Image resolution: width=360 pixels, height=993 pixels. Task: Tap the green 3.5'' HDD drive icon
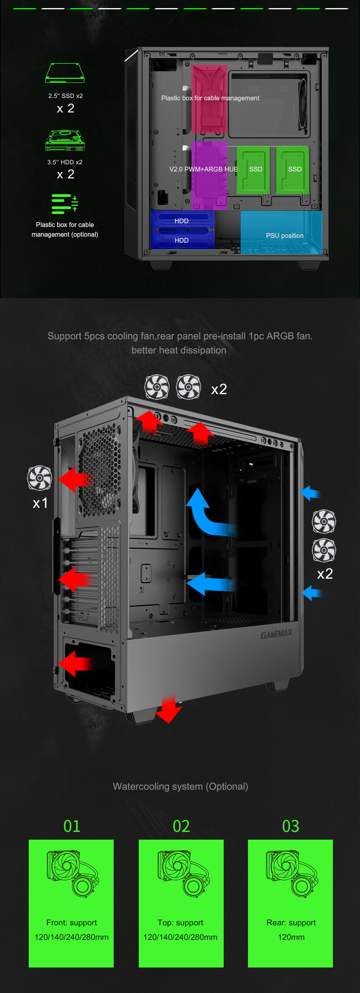pos(65,140)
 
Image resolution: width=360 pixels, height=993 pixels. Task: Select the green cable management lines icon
pos(65,204)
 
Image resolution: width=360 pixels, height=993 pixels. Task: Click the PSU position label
pos(285,236)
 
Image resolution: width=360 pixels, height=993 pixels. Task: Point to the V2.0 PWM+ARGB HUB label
pos(203,169)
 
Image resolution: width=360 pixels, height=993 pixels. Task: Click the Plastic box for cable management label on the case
pos(210,98)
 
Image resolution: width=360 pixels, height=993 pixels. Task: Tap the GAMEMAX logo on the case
pos(276,634)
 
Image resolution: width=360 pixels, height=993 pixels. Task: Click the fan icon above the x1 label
pos(40,478)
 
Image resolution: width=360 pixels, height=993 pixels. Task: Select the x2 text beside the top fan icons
pos(219,389)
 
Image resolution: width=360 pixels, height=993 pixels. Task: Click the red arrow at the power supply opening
pos(76,664)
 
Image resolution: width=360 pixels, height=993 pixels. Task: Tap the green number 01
pos(72,826)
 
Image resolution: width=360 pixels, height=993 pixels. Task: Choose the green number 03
pos(290,826)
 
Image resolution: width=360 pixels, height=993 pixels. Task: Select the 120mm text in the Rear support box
pos(291,937)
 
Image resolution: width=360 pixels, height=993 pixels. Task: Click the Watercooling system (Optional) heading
pos(180,786)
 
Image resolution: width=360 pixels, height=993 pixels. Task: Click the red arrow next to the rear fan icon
pos(76,480)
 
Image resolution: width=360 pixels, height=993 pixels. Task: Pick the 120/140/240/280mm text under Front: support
pos(72,937)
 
